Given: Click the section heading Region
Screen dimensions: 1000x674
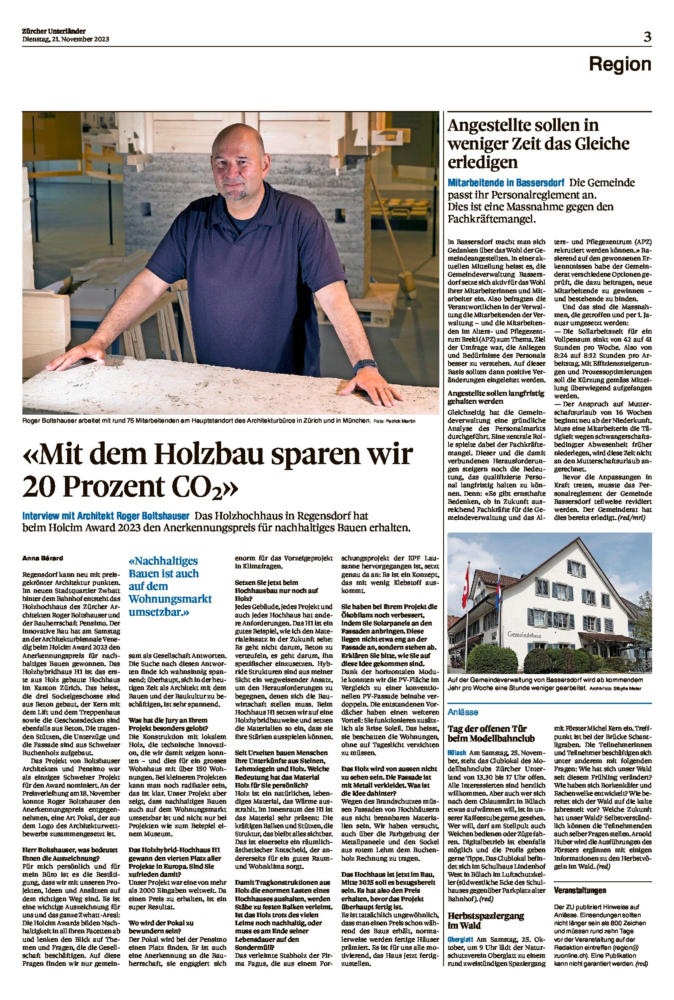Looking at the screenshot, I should [620, 65].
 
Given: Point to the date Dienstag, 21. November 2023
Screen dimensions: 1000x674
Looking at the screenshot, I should [65, 39].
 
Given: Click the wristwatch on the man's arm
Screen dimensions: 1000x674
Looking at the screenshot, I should [365, 367].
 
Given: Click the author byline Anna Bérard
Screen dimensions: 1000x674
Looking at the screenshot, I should [43, 558].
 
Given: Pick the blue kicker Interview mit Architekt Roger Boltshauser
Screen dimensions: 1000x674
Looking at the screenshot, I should [106, 516].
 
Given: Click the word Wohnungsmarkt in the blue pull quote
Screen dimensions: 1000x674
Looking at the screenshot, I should [170, 599].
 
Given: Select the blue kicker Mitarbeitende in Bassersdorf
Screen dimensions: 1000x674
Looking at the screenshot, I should [506, 183].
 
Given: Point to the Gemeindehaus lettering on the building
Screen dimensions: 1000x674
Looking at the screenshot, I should [524, 635].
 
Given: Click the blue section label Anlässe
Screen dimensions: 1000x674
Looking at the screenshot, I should [463, 712].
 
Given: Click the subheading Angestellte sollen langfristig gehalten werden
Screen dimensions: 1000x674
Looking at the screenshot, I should [495, 397].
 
